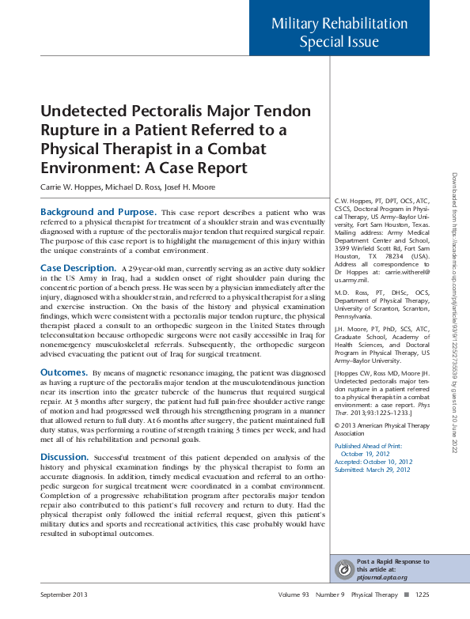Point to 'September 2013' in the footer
pos(64,594)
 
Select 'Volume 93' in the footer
pos(294,594)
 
